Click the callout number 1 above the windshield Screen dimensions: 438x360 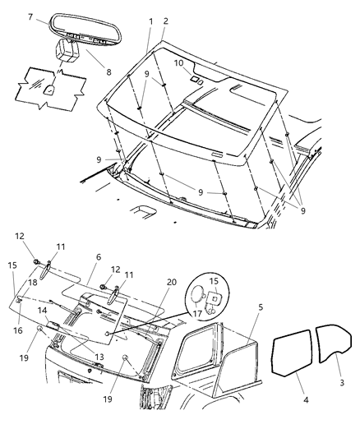[x=150, y=20]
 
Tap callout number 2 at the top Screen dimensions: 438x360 [x=165, y=20]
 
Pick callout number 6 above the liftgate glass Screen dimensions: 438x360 [x=99, y=257]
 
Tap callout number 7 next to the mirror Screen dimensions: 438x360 [x=30, y=16]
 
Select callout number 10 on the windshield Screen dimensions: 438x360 [x=178, y=63]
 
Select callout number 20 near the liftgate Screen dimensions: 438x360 [x=171, y=282]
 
